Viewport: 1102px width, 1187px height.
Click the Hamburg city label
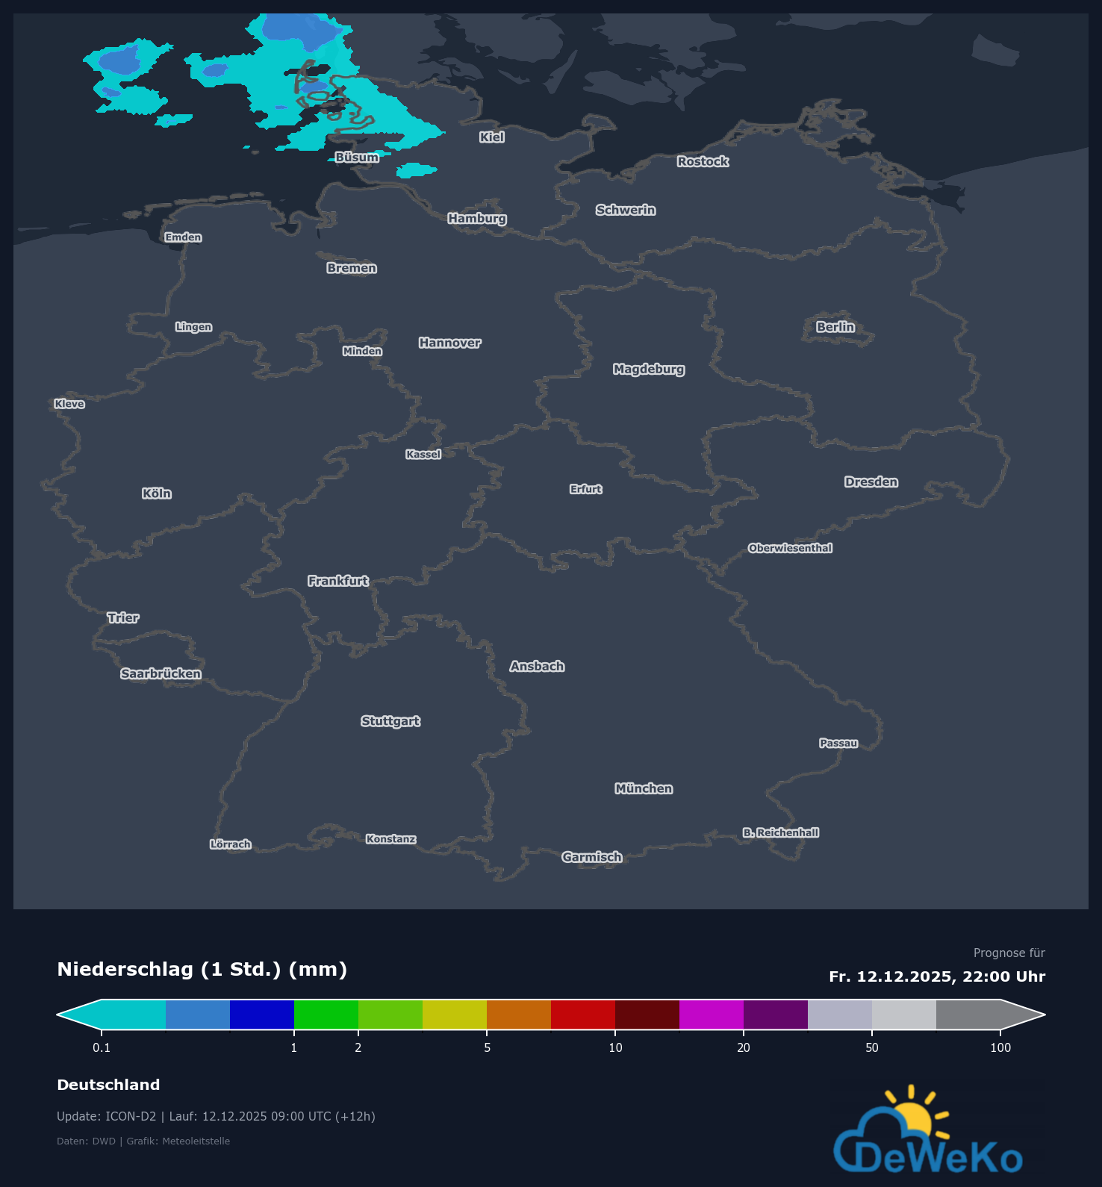coord(477,218)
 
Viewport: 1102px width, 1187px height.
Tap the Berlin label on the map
coord(835,327)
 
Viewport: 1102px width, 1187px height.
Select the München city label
coord(644,788)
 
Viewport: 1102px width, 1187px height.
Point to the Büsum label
coord(357,158)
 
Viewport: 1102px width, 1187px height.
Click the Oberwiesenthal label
coord(790,548)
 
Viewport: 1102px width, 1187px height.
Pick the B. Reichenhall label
coord(780,832)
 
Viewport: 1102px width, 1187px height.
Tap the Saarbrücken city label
coord(161,673)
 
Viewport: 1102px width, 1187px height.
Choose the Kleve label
coord(69,404)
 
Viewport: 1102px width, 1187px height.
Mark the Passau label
coord(838,743)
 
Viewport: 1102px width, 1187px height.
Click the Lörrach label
coord(230,844)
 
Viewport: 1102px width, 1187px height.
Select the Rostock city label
coord(703,161)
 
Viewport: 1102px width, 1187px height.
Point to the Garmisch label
coord(591,857)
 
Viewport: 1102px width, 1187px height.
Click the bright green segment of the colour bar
coord(326,1015)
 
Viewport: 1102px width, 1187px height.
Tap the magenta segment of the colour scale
coord(712,1015)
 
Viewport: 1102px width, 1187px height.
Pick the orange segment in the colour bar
coord(519,1015)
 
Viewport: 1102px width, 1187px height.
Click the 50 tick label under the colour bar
coord(872,1047)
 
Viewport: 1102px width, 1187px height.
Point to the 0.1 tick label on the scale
coord(102,1047)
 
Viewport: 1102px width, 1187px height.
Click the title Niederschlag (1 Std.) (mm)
coord(202,969)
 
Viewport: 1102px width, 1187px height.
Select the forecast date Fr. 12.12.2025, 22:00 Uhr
coord(937,976)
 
